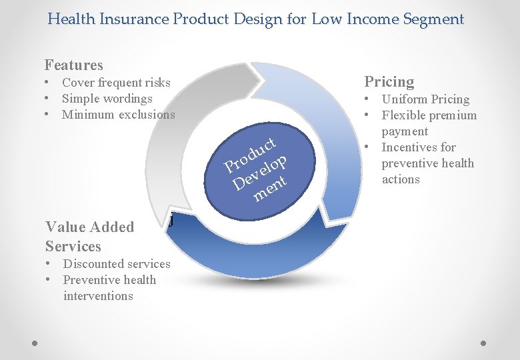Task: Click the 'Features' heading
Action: tap(73, 65)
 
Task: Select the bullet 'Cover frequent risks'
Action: tap(116, 83)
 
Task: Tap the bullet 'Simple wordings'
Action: tap(107, 99)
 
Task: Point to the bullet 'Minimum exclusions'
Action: tap(118, 115)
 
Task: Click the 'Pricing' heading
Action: tap(389, 82)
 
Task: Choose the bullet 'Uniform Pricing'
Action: tap(425, 99)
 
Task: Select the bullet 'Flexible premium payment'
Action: tap(428, 123)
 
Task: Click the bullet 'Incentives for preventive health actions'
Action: tap(427, 163)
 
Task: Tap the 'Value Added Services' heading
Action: tap(89, 236)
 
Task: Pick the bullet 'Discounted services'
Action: tap(116, 264)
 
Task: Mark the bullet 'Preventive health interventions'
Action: tap(109, 288)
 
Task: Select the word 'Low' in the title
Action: tap(326, 19)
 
